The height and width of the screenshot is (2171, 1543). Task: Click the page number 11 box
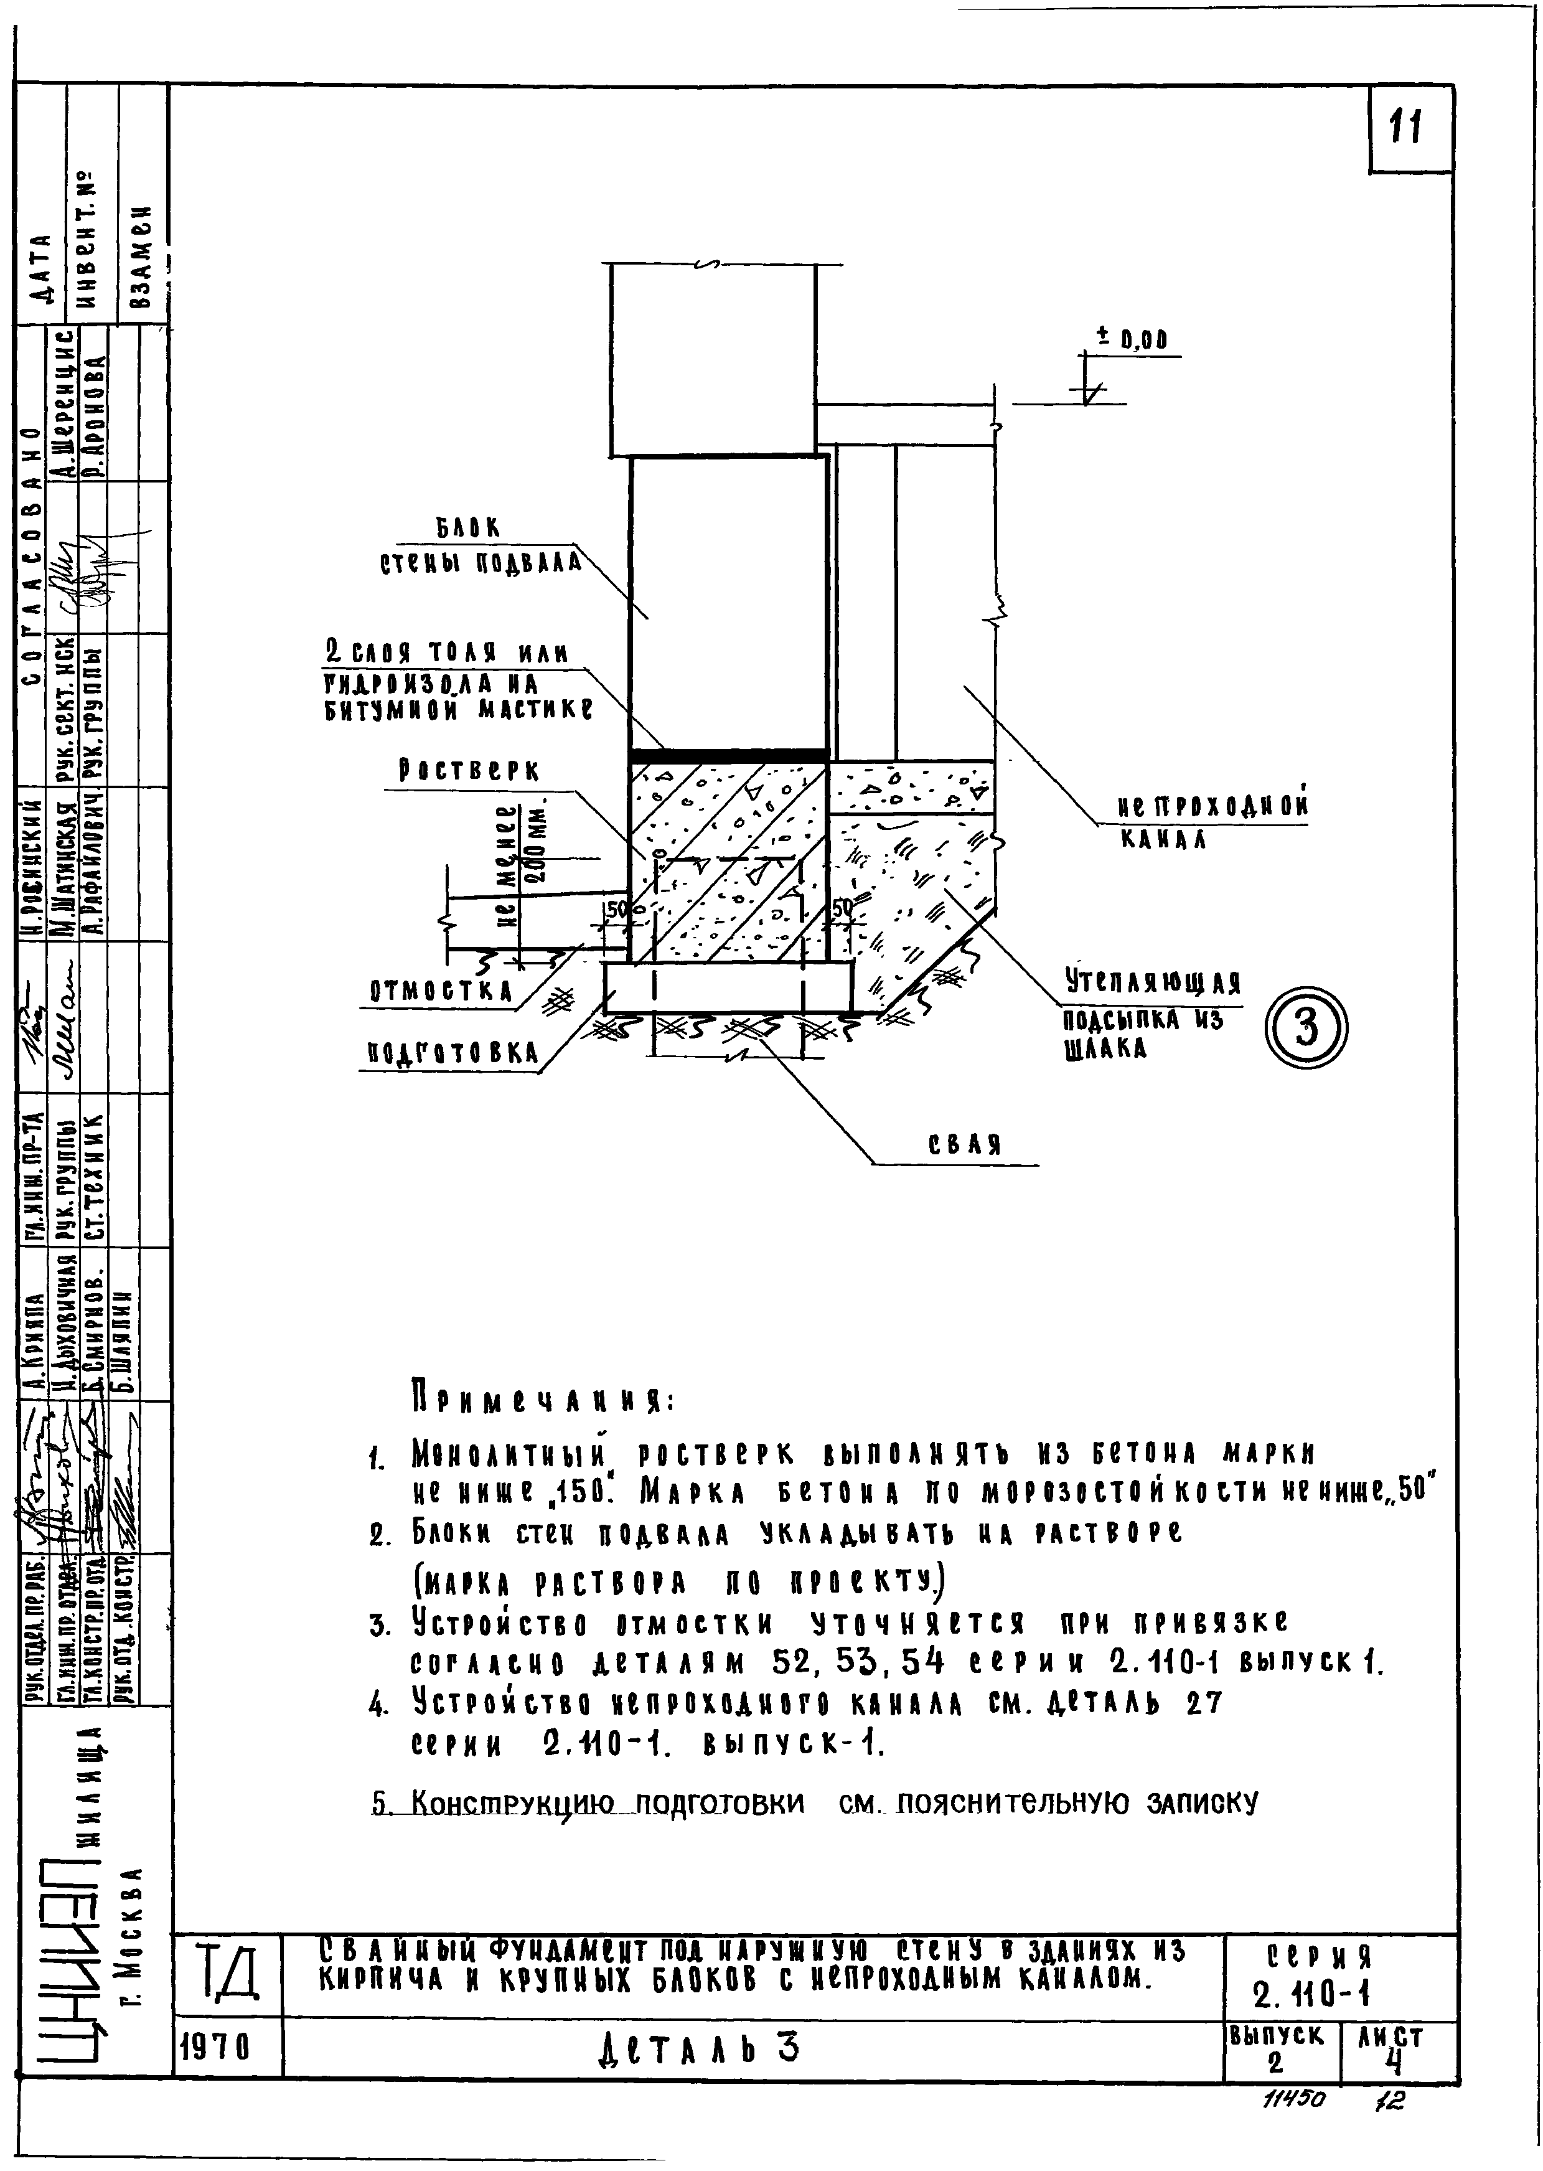1409,128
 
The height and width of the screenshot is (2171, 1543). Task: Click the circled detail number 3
1307,1029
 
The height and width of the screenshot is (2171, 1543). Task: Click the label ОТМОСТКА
441,991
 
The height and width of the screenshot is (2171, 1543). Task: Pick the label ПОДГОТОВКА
453,1053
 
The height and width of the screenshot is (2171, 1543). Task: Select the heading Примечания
542,1400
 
